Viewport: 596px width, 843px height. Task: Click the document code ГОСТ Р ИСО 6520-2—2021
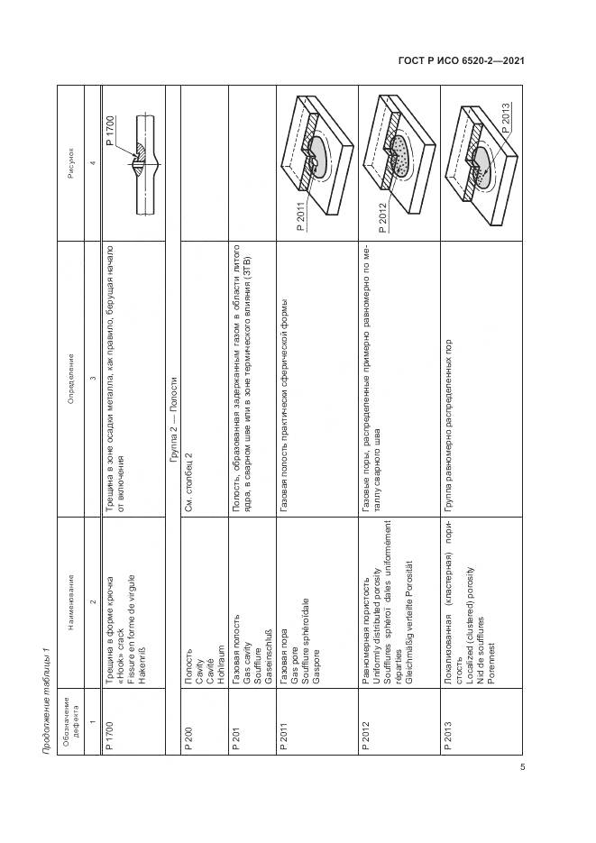pyautogui.click(x=462, y=61)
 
